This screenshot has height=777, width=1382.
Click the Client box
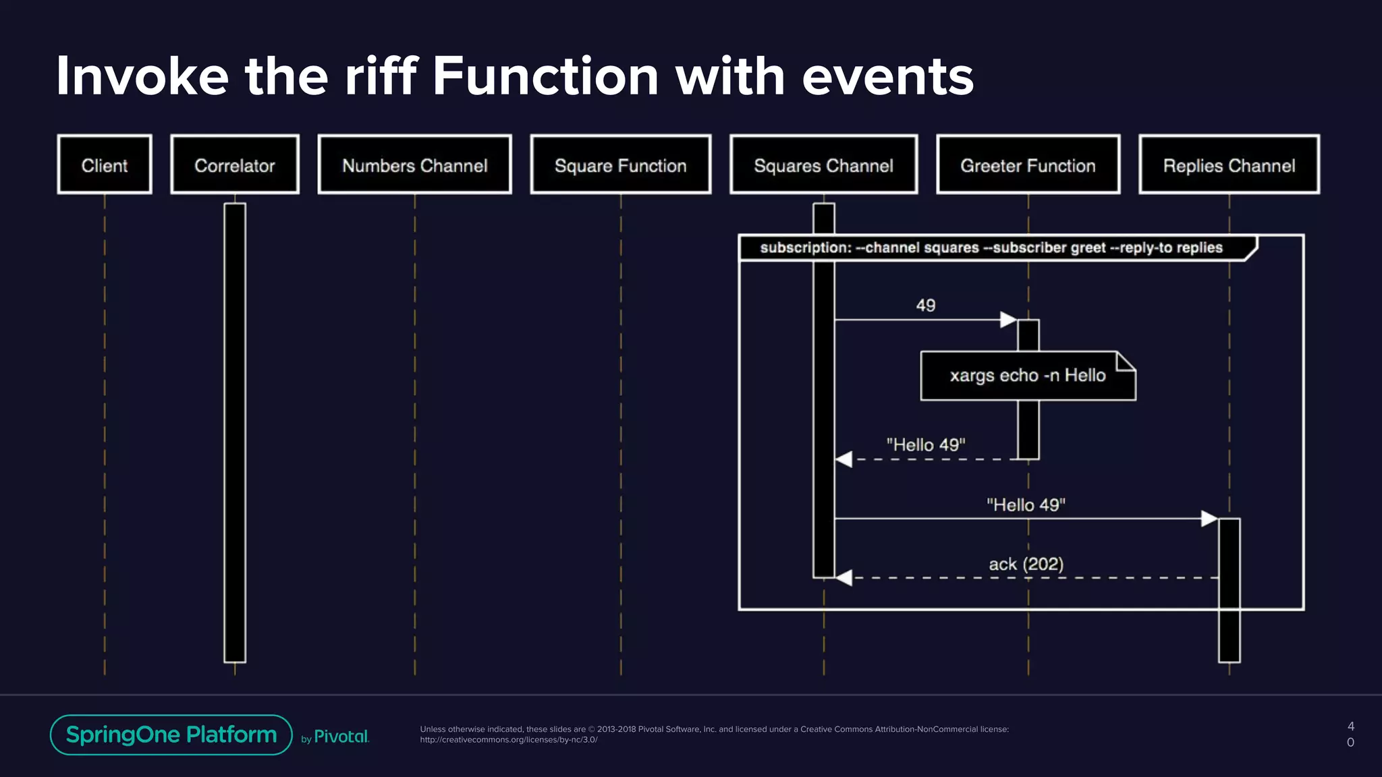point(105,165)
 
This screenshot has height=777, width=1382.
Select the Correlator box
point(235,165)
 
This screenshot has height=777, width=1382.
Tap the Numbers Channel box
point(414,165)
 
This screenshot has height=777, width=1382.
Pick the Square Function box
point(620,165)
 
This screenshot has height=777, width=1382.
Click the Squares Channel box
point(823,165)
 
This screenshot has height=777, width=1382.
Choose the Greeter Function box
point(1028,165)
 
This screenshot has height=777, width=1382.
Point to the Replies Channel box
point(1229,165)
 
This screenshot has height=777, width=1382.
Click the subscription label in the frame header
point(991,248)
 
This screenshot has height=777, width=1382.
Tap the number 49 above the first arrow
point(925,306)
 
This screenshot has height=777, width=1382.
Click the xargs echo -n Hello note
point(1027,376)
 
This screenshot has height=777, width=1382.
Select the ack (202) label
point(1026,564)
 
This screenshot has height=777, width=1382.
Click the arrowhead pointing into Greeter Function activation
point(1008,320)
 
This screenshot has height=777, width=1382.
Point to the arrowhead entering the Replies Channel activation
point(1209,519)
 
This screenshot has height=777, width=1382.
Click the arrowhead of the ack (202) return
point(844,578)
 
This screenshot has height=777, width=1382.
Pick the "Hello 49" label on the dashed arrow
point(925,445)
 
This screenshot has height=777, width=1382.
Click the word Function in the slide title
point(545,76)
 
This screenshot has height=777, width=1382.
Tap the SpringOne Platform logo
point(171,735)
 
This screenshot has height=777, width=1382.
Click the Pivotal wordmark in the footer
point(341,737)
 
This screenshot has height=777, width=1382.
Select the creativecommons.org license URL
point(509,740)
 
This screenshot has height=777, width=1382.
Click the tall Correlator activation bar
point(235,432)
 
